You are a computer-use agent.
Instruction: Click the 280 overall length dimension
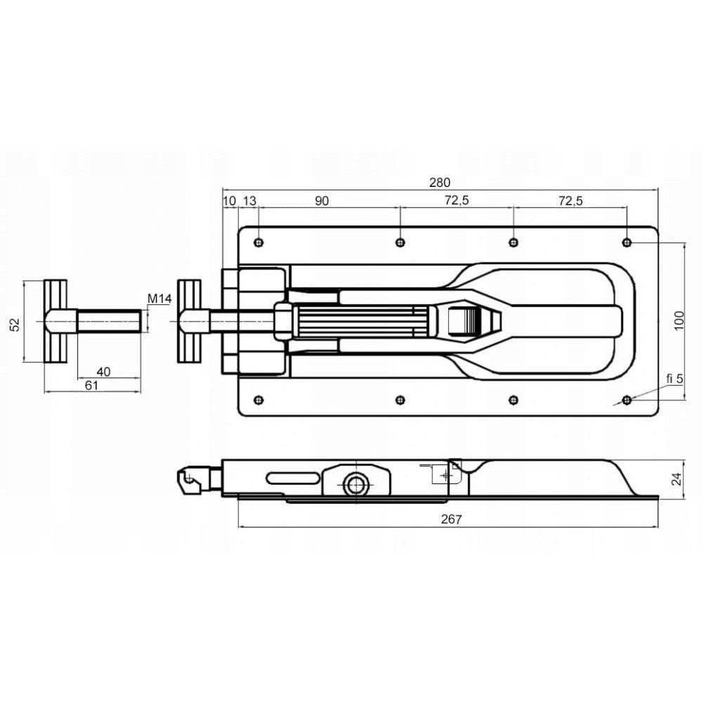[440, 183]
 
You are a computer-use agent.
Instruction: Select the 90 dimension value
[322, 201]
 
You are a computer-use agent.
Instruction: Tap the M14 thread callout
[159, 298]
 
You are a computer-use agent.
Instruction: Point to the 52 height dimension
[15, 324]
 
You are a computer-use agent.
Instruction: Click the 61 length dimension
[91, 385]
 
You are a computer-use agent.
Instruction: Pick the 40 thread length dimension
[103, 372]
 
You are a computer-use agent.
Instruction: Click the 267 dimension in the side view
[451, 519]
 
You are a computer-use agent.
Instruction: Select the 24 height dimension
[677, 479]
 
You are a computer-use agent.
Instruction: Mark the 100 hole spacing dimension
[679, 320]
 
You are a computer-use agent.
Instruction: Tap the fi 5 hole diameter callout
[674, 379]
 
